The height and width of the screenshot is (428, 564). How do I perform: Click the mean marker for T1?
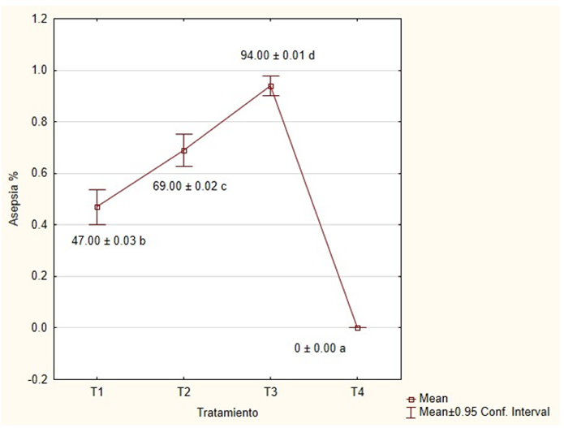point(97,207)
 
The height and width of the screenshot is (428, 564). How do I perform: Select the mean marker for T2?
point(184,150)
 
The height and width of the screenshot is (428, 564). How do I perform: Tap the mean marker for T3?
point(271,86)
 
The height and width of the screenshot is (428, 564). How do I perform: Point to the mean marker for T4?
point(358,327)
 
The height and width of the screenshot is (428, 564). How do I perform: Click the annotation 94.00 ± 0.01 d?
point(277,56)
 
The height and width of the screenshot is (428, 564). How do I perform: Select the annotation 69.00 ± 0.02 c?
point(189,186)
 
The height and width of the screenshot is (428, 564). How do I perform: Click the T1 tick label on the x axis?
point(97,392)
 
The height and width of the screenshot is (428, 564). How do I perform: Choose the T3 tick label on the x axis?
point(271,392)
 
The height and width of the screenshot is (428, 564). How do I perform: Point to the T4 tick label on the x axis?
point(358,392)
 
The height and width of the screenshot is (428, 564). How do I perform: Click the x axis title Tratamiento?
point(227,413)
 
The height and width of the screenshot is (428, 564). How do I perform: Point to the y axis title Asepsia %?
point(14,198)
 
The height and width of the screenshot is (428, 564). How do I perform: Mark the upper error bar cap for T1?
point(97,190)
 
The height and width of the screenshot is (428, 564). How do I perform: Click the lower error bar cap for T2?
point(184,166)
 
